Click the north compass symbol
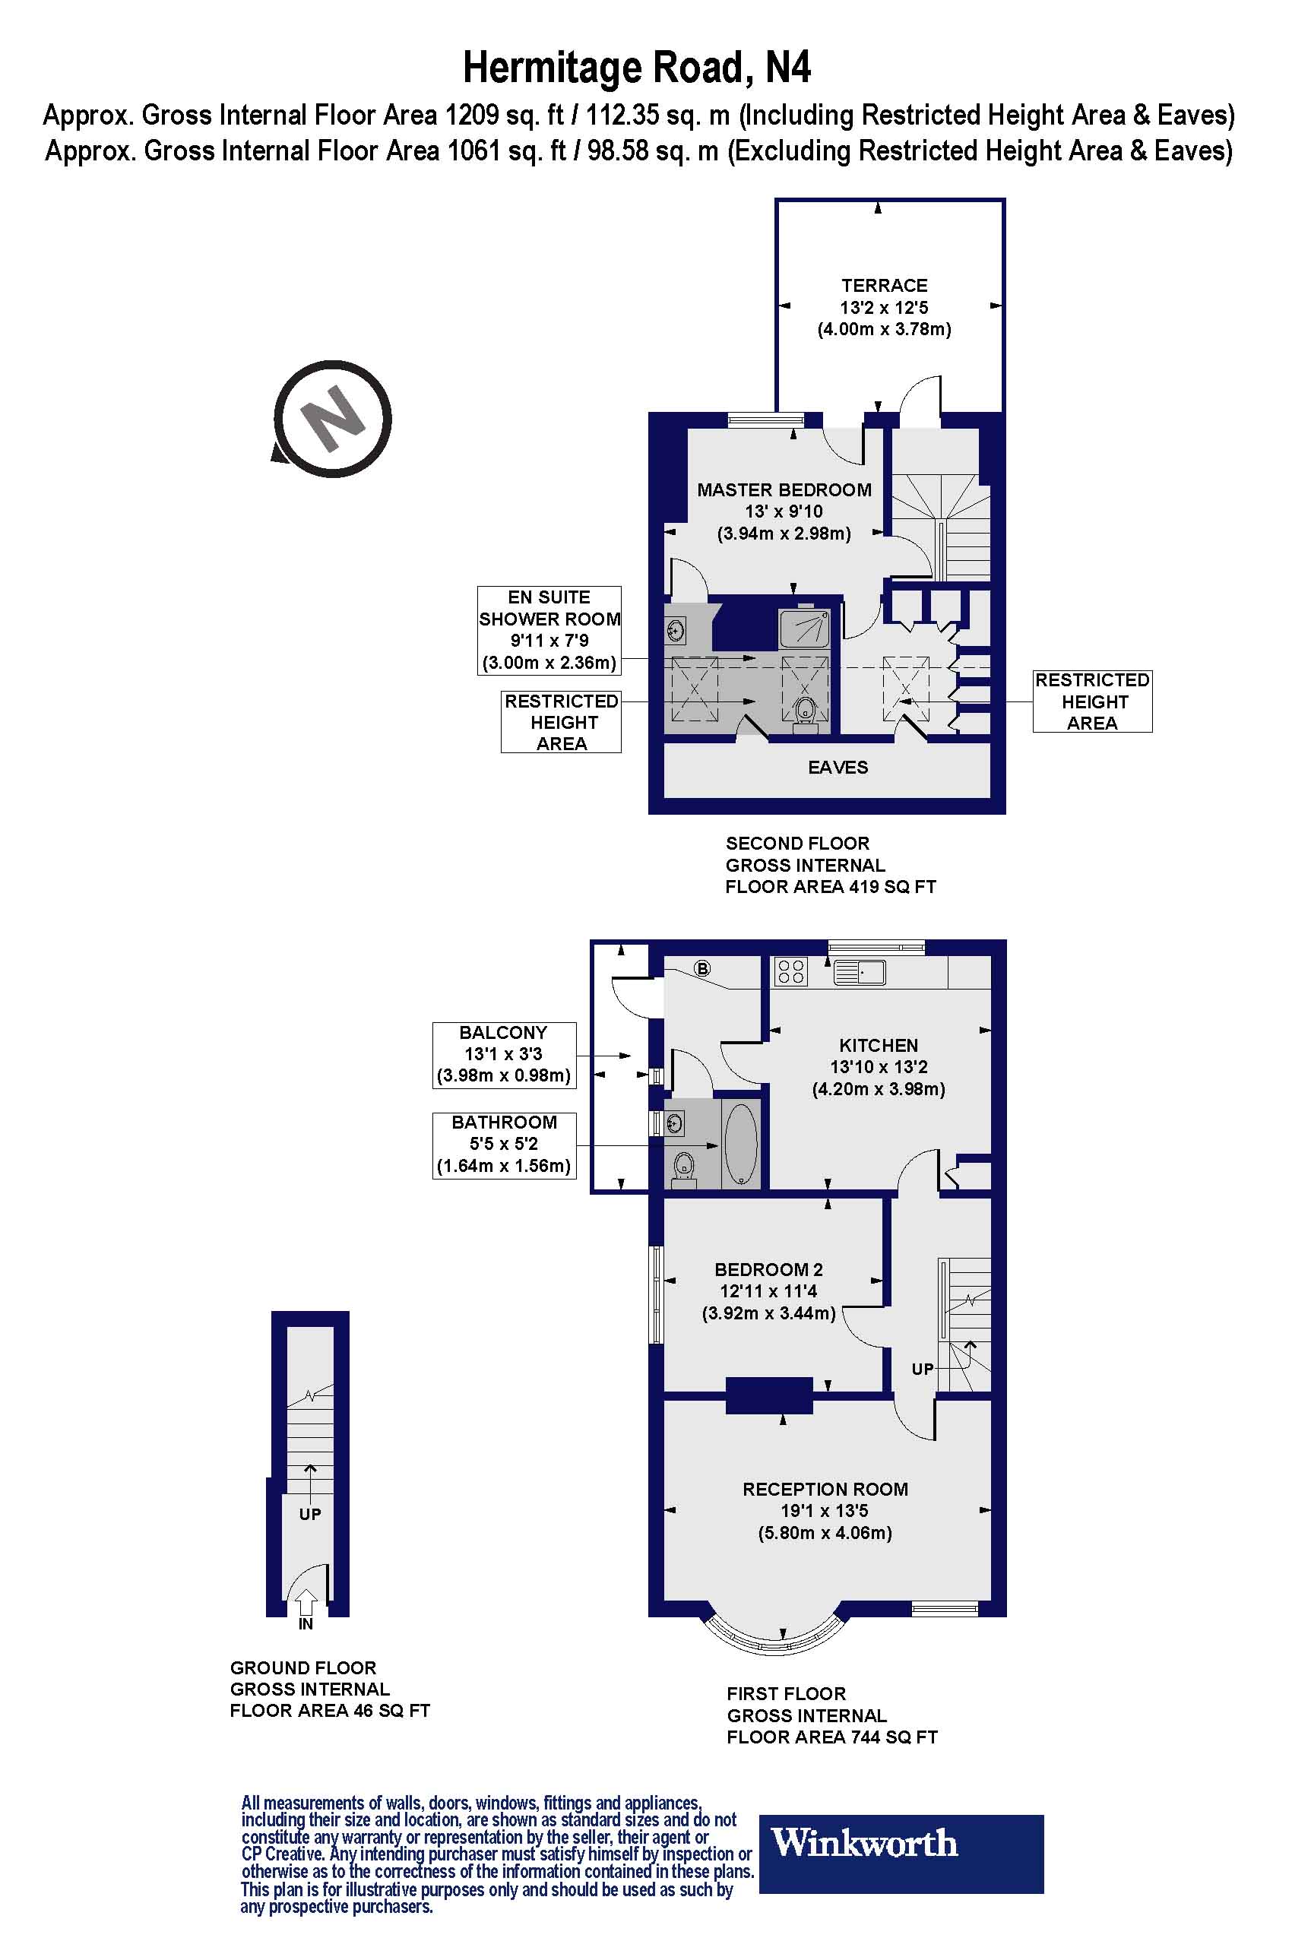coord(332,420)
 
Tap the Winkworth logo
coord(901,1866)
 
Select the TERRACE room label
coord(884,286)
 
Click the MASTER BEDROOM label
coord(784,490)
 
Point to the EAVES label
coord(838,767)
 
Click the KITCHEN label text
coord(879,1046)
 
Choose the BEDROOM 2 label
coord(769,1270)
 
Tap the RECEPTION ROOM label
coord(825,1489)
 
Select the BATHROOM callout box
coord(505,1145)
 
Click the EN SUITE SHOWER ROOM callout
coord(549,630)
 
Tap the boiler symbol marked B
coord(703,968)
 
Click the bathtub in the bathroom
coord(741,1145)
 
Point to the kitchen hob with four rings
coord(791,972)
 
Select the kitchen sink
coord(860,972)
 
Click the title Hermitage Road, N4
coord(637,68)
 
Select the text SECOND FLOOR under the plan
coord(796,843)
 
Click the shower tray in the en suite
coord(804,629)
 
